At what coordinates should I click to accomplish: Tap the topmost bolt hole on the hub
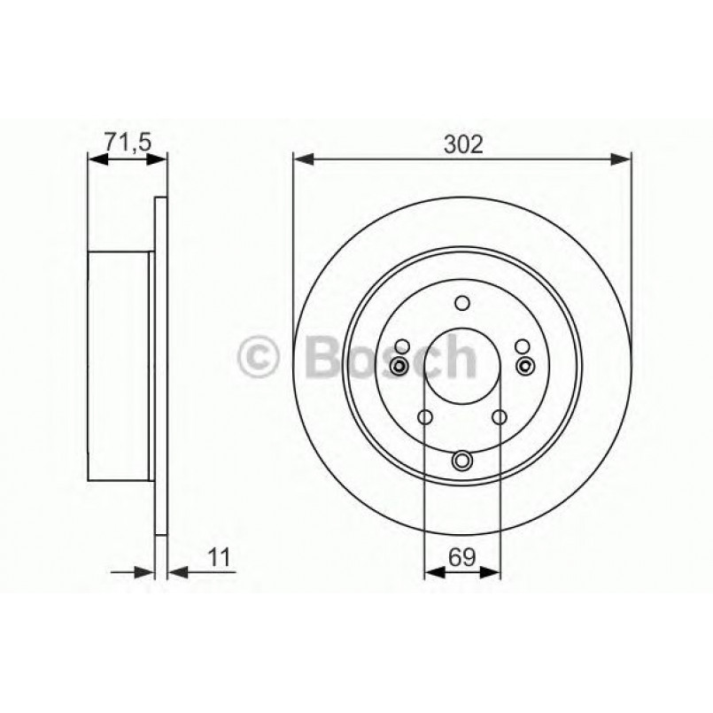coord(462,303)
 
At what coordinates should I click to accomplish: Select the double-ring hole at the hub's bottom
coord(462,460)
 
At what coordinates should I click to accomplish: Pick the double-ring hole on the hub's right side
coord(526,367)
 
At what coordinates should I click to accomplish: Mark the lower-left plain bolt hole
coord(424,418)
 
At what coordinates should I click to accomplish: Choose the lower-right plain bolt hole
coord(500,418)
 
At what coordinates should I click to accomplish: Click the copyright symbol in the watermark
coord(260,358)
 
